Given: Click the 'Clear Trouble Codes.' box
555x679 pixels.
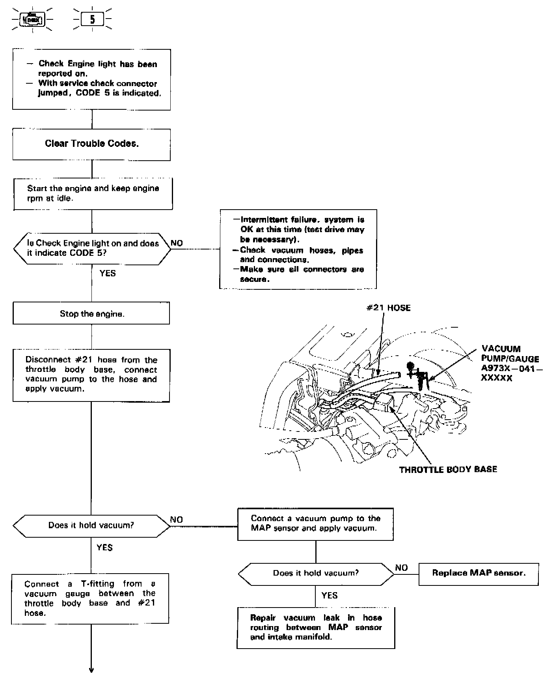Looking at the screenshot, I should (91, 144).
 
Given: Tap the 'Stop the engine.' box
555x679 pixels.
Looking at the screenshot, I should (91, 314).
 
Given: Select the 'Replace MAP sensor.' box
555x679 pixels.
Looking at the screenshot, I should (479, 573).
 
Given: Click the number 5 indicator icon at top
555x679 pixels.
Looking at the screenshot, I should (92, 19).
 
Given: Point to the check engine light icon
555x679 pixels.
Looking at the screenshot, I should (33, 19).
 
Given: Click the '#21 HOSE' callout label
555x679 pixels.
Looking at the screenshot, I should (389, 308).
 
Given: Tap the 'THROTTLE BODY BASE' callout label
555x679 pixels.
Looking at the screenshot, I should (448, 469).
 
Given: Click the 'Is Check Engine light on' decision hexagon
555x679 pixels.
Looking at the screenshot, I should (92, 248).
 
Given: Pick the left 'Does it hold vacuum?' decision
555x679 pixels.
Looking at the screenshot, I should (91, 525).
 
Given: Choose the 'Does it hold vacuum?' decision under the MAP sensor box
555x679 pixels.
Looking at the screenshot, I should (316, 573).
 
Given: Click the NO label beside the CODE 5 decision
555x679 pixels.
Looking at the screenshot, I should (177, 243).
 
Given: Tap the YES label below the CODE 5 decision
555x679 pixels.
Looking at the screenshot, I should (108, 273).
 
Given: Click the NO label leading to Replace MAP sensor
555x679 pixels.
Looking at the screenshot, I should (401, 568).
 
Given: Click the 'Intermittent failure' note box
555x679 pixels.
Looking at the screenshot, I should (298, 249).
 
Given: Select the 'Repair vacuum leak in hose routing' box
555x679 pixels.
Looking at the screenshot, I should (316, 627).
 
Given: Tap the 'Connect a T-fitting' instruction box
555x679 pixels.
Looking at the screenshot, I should (90, 598).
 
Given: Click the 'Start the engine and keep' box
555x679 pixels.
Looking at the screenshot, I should (93, 193).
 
